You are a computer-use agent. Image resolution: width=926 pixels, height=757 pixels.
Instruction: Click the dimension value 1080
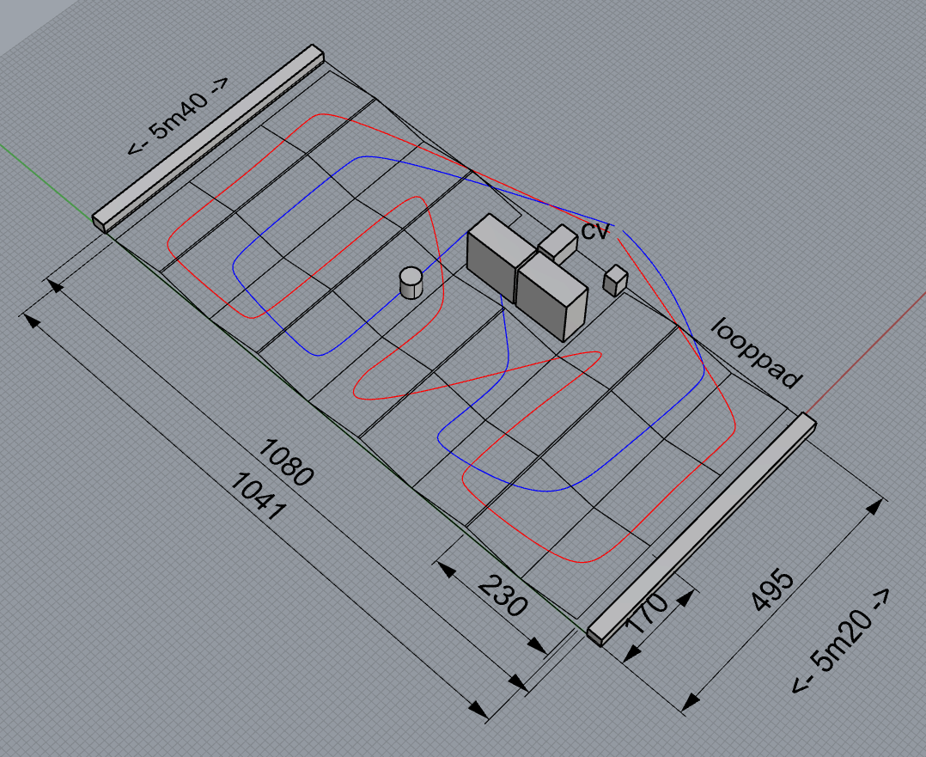click(x=286, y=462)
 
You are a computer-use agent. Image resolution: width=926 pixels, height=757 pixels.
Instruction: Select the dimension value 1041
click(x=259, y=495)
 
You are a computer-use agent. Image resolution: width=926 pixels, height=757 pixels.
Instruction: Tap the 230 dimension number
click(x=503, y=595)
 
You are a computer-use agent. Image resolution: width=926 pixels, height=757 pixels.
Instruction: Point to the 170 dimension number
click(x=647, y=613)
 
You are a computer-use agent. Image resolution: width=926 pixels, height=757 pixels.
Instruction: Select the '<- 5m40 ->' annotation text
click(x=178, y=116)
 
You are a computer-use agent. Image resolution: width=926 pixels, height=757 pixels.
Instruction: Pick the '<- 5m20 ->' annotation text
click(x=840, y=641)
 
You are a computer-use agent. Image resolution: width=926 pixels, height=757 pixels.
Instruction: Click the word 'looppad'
click(x=757, y=353)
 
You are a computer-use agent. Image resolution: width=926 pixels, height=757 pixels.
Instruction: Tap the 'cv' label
click(x=594, y=230)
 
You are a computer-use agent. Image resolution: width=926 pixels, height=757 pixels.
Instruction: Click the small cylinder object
click(x=411, y=283)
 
